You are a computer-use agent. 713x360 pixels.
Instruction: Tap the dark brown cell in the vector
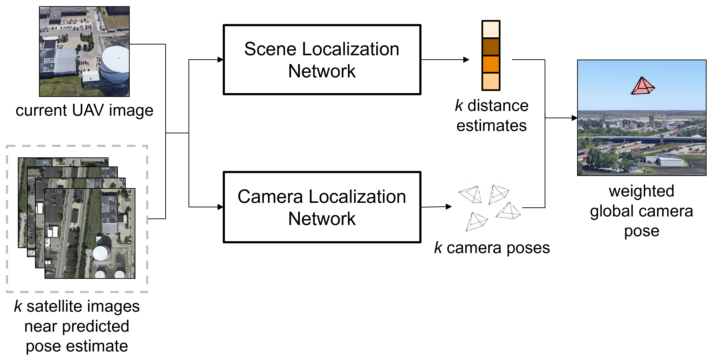[491, 47]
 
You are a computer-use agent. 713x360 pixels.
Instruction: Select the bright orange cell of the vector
[491, 64]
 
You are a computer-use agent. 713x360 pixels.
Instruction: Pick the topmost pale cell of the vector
[491, 29]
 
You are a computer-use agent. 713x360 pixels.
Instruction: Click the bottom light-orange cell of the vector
[491, 81]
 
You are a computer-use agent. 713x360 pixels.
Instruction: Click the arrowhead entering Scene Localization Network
[221, 60]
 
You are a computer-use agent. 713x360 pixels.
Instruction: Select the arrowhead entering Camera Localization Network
[221, 207]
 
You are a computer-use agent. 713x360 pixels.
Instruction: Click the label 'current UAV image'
[84, 110]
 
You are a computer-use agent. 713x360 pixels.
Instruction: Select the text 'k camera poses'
[492, 248]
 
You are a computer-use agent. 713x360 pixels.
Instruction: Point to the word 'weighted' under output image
[641, 191]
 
